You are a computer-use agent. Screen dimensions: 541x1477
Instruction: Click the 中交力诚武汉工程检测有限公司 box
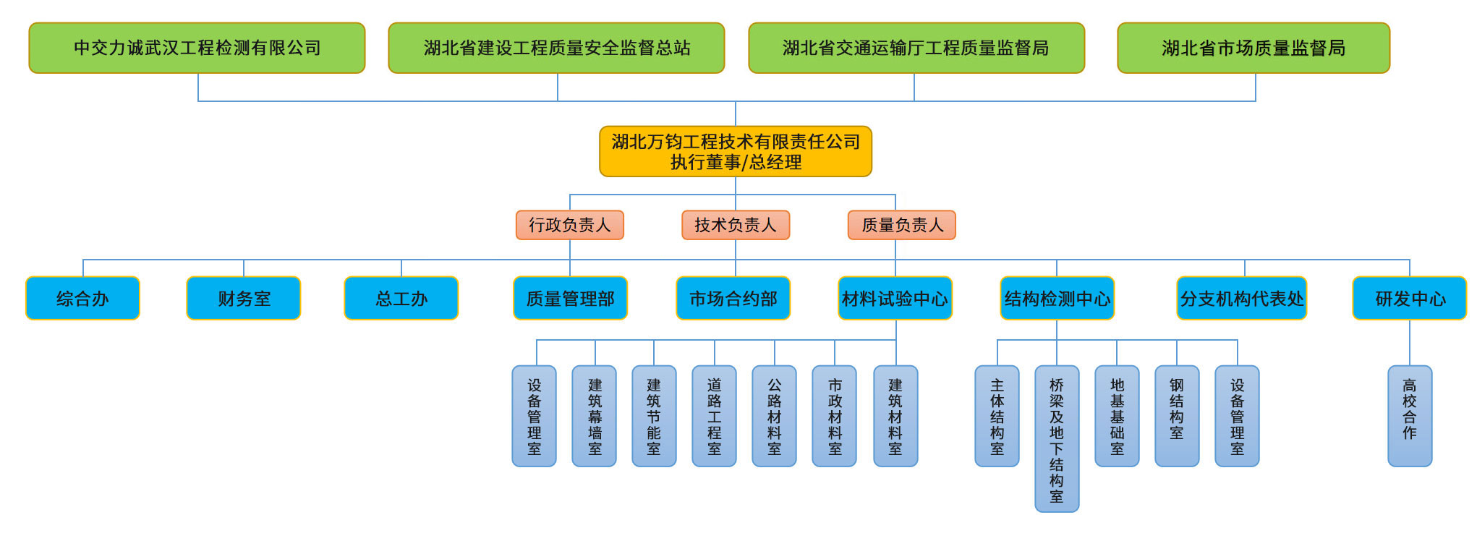(x=197, y=48)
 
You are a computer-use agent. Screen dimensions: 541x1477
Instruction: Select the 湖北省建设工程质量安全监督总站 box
(x=556, y=48)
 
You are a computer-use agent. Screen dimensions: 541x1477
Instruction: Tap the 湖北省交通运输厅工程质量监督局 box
(x=916, y=48)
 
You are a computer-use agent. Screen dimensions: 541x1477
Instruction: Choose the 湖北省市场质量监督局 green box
(x=1253, y=48)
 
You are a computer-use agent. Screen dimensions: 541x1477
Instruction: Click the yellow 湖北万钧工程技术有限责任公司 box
(x=736, y=151)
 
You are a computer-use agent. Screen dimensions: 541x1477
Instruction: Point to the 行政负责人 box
(x=570, y=225)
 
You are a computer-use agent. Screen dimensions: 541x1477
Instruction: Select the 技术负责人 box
(x=736, y=225)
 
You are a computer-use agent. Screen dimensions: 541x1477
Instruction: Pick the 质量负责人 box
(x=902, y=225)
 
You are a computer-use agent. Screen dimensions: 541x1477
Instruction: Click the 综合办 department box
(x=82, y=298)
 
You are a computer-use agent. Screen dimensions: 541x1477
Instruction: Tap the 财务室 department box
(x=244, y=298)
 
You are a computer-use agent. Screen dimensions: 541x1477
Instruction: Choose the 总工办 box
(x=401, y=298)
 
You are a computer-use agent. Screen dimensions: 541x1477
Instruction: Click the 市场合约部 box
(x=733, y=298)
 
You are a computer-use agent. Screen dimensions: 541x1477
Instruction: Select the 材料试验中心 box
(x=895, y=298)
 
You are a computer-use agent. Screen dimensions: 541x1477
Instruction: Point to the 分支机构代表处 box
(x=1242, y=298)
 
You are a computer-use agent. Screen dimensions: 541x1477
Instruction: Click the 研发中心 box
(x=1410, y=298)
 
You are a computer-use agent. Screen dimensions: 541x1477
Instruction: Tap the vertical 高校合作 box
(x=1410, y=416)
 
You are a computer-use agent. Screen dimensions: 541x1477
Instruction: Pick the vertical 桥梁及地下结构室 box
(x=1057, y=438)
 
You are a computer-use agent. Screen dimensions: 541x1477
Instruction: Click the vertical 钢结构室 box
(x=1177, y=416)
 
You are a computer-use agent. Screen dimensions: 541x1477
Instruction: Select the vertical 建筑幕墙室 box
(x=595, y=416)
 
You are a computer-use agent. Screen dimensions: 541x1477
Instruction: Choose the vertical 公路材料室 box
(x=774, y=416)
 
